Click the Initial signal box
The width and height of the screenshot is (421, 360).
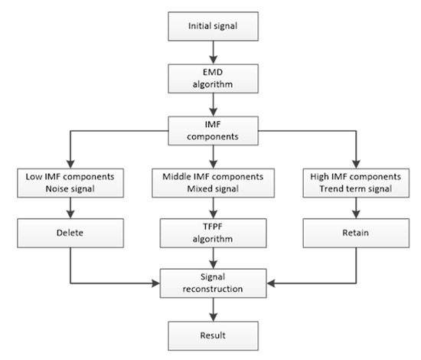pyautogui.click(x=213, y=27)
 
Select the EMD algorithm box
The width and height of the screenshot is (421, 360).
pyautogui.click(x=213, y=77)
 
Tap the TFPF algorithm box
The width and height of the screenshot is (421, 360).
pyautogui.click(x=213, y=231)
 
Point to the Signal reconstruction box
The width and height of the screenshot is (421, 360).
pyautogui.click(x=213, y=283)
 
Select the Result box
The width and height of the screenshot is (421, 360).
pyautogui.click(x=213, y=334)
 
